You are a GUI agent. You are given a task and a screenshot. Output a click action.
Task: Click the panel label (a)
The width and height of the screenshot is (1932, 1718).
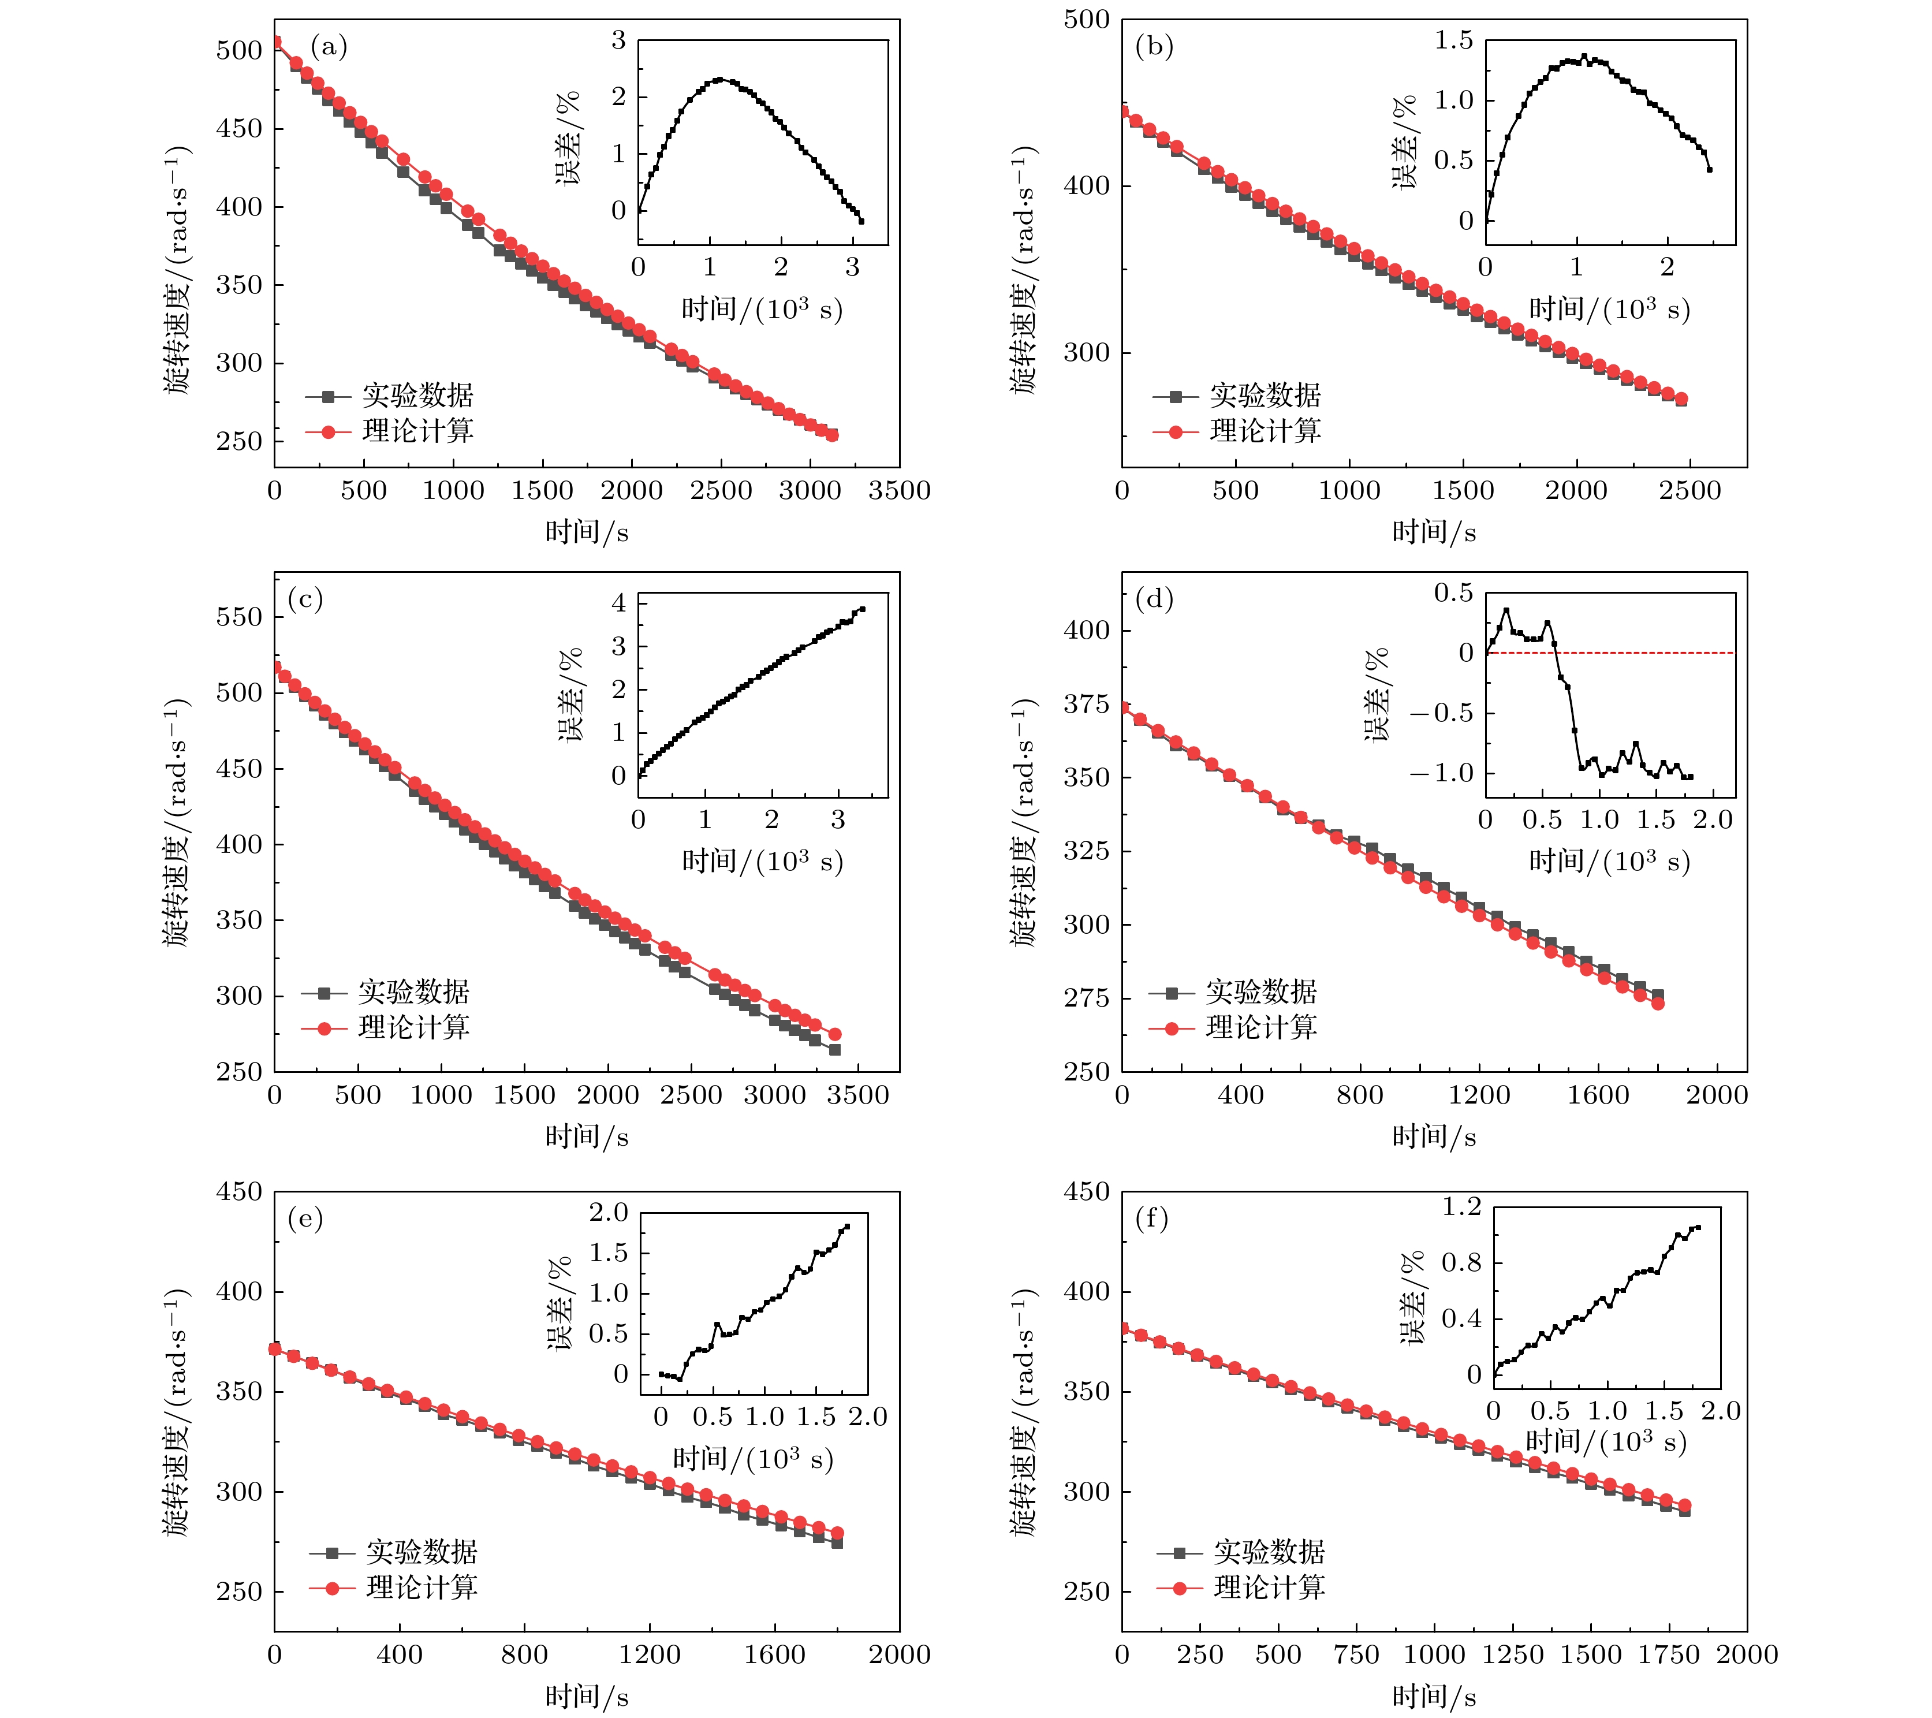[x=329, y=46]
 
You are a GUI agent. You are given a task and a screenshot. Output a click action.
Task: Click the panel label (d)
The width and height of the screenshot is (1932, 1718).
[x=1154, y=598]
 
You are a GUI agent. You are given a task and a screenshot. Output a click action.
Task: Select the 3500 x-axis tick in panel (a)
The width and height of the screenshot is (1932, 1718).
[x=899, y=491]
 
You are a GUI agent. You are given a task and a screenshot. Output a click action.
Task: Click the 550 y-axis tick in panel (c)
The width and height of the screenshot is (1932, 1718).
[x=238, y=617]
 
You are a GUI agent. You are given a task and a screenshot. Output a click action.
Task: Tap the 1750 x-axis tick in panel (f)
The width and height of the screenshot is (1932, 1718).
[x=1668, y=1654]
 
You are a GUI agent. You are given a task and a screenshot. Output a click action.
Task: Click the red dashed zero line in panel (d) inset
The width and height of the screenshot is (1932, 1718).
[x=1644, y=653]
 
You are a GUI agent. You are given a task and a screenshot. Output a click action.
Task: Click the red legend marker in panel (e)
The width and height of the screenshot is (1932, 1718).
[x=332, y=1589]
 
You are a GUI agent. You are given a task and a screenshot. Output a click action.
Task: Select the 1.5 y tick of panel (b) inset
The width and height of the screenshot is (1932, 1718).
[x=1454, y=40]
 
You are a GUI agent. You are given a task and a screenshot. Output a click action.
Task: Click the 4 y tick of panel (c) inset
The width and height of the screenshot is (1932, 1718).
[x=619, y=603]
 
